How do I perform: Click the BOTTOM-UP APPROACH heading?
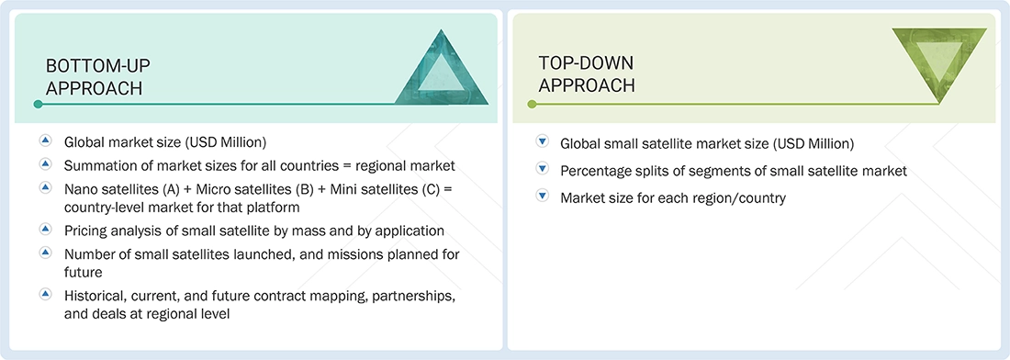tap(98, 76)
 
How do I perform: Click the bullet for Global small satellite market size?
tap(542, 142)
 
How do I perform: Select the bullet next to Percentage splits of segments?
tap(542, 169)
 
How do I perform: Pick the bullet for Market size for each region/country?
tap(542, 197)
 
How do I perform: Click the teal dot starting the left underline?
tap(38, 104)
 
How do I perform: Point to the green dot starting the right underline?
tap(532, 104)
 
